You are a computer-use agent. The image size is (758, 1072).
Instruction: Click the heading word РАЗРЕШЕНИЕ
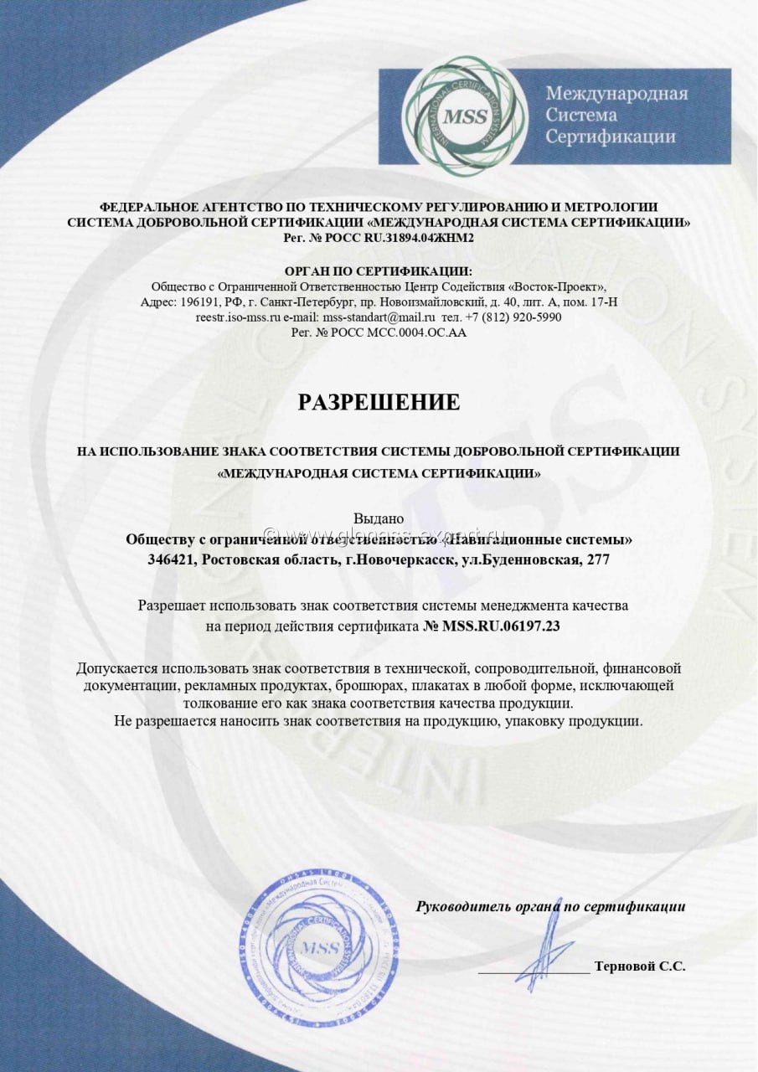tap(379, 402)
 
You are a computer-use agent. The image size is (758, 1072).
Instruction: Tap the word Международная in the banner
tap(616, 93)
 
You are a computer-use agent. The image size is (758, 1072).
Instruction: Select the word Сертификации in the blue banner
tap(611, 137)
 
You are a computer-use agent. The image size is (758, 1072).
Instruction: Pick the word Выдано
tap(379, 519)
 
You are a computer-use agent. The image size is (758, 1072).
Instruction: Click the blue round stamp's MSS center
tap(321, 948)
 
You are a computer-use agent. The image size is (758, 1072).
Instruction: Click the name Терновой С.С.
tap(640, 966)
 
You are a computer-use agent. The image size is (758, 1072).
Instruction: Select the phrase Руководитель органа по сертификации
tap(550, 906)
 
